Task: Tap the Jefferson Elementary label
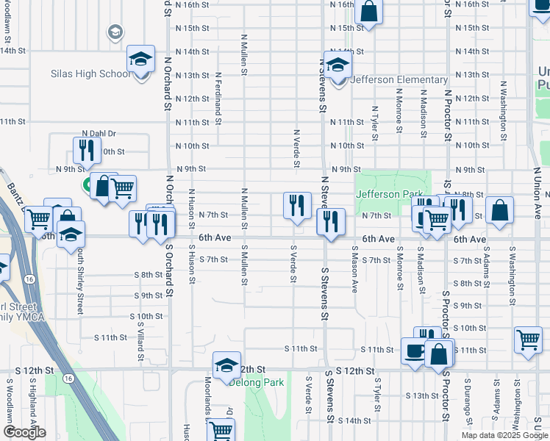point(399,79)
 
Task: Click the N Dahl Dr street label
point(99,133)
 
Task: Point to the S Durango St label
point(466,401)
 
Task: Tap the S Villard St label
point(140,337)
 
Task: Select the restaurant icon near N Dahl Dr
point(87,151)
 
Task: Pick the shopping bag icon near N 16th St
point(368,11)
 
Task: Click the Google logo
point(24,432)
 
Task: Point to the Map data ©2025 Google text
point(504,435)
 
